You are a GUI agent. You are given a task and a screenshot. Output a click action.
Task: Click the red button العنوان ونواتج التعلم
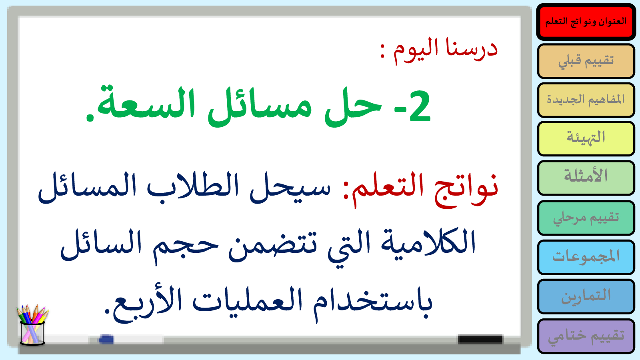[x=586, y=22]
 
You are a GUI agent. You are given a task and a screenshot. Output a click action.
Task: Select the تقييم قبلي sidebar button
[x=586, y=61]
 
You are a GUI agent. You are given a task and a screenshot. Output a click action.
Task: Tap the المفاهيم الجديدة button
[x=586, y=100]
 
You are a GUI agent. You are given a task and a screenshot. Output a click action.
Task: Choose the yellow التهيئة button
[x=586, y=138]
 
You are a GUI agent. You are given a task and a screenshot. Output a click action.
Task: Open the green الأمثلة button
[x=586, y=178]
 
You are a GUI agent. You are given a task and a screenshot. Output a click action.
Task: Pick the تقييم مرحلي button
[x=586, y=218]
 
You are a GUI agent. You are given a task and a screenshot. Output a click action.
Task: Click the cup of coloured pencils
[x=32, y=325]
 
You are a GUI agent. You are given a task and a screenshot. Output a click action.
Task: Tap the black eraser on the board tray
[x=480, y=339]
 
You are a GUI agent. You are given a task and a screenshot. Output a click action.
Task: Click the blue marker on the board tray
[x=106, y=339]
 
